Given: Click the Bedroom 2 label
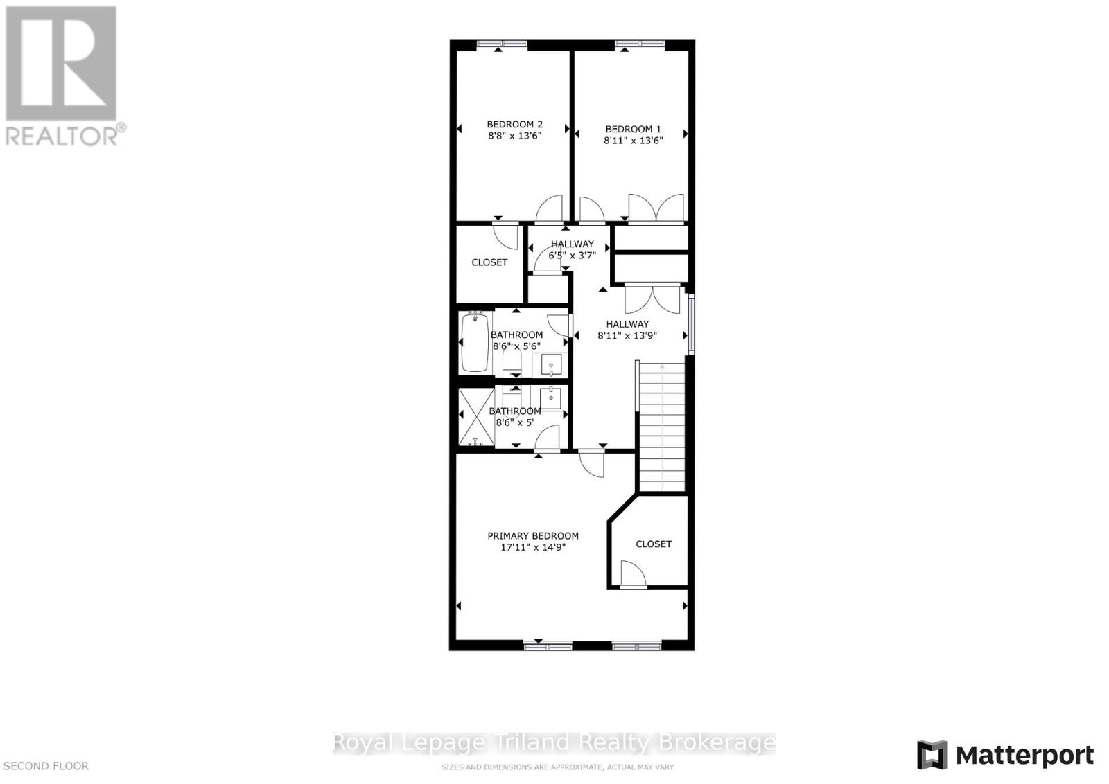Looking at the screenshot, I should pyautogui.click(x=514, y=125).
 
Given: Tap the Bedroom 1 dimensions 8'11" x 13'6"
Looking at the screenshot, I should pyautogui.click(x=633, y=140).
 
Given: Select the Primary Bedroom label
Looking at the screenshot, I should pyautogui.click(x=532, y=535).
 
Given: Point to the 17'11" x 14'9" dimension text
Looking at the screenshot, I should pyautogui.click(x=532, y=547).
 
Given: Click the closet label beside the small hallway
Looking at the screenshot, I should pyautogui.click(x=489, y=262).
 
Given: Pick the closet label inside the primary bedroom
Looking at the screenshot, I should pyautogui.click(x=654, y=544).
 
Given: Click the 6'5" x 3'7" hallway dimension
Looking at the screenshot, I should pyautogui.click(x=572, y=255).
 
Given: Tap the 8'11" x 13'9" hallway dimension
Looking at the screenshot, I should pyautogui.click(x=627, y=335).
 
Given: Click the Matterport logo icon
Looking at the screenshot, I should pyautogui.click(x=932, y=755).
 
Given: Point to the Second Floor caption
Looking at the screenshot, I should pyautogui.click(x=46, y=766).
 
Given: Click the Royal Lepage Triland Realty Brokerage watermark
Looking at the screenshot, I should pyautogui.click(x=554, y=742).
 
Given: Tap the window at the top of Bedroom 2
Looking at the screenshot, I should pyautogui.click(x=502, y=44).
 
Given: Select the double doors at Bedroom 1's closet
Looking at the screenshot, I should pyautogui.click(x=656, y=208).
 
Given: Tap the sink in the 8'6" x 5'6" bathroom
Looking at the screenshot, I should pyautogui.click(x=551, y=364).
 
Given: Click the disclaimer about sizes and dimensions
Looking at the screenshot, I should pyautogui.click(x=558, y=767).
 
